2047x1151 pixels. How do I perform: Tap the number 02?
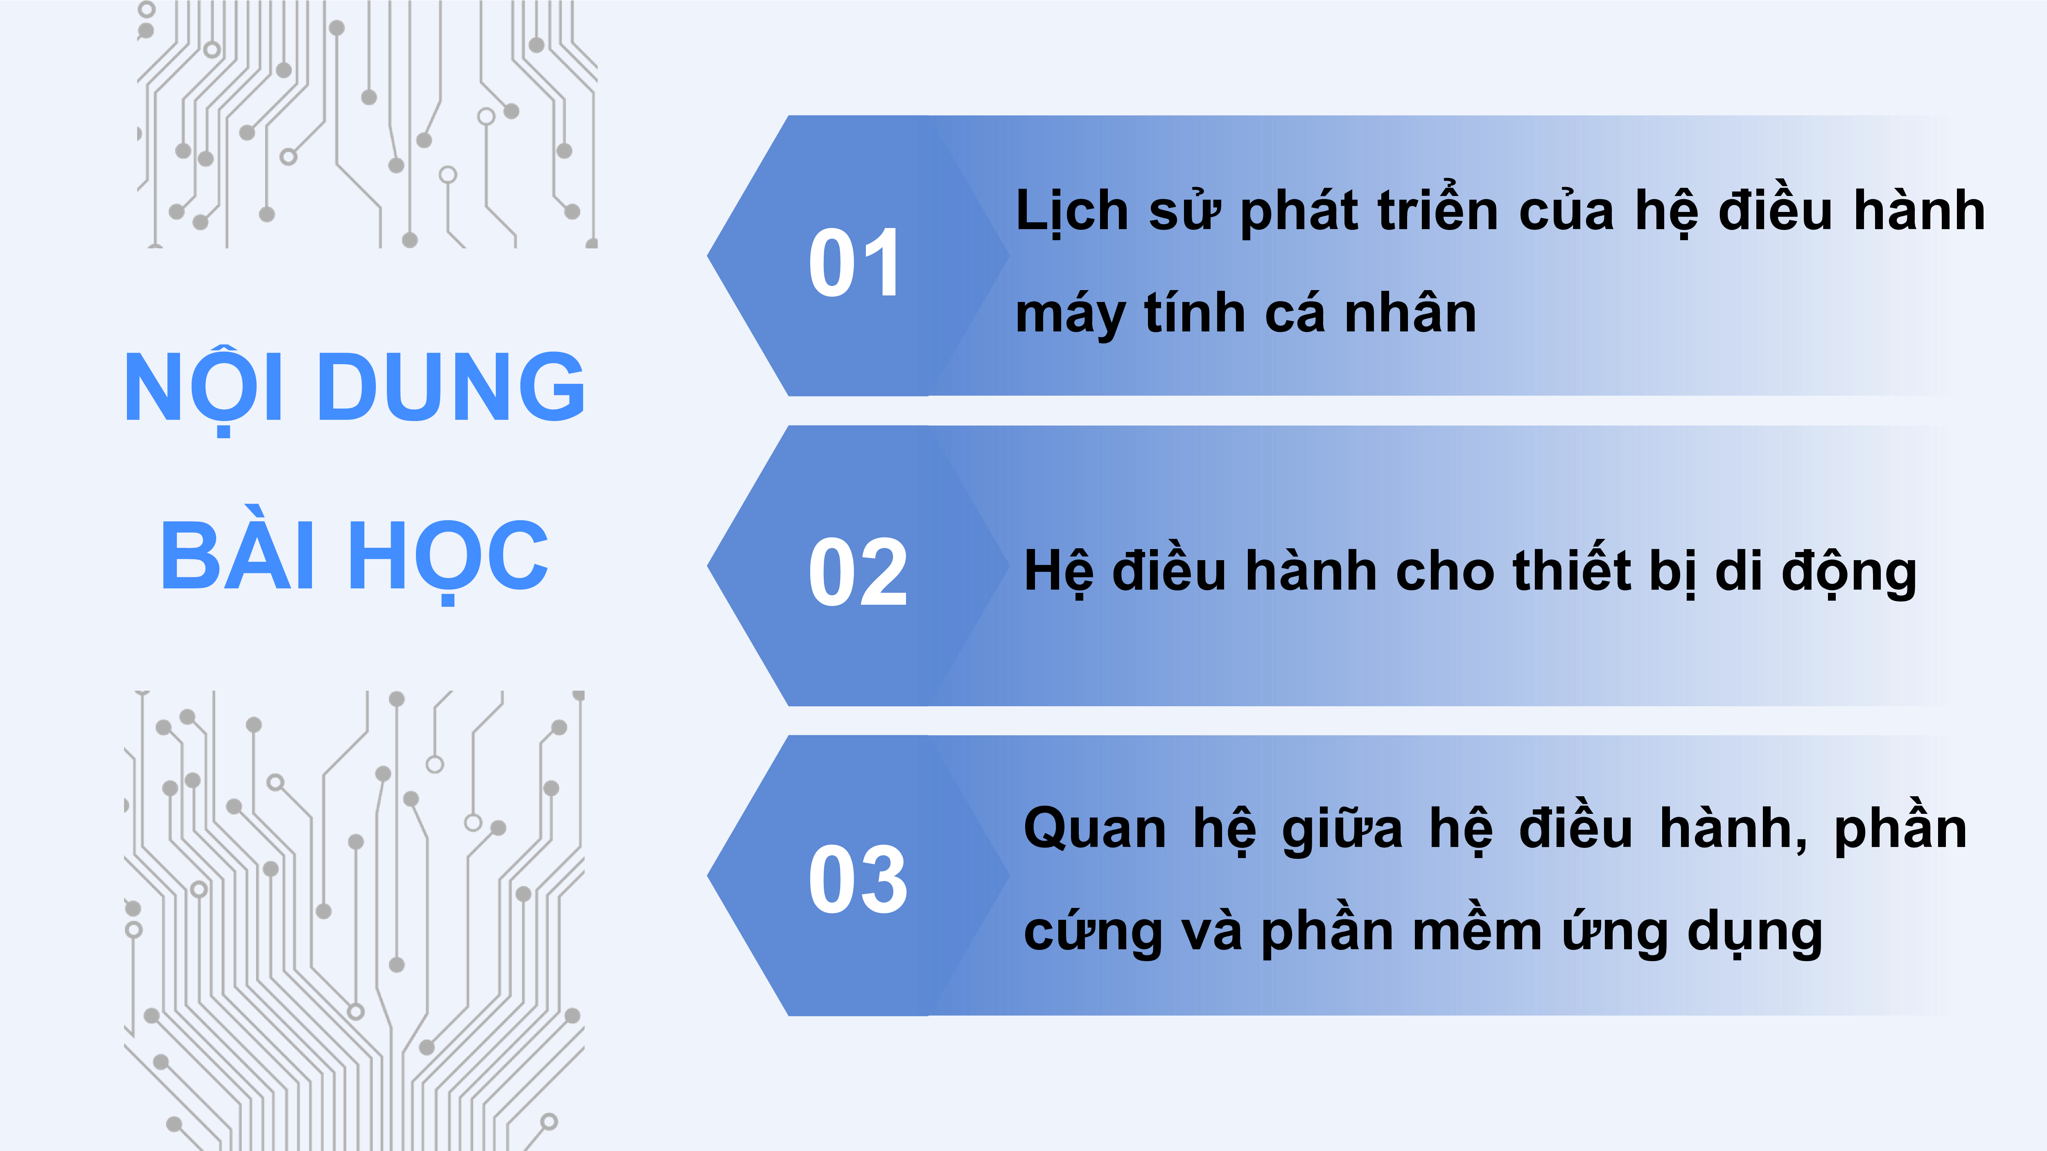point(857,572)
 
